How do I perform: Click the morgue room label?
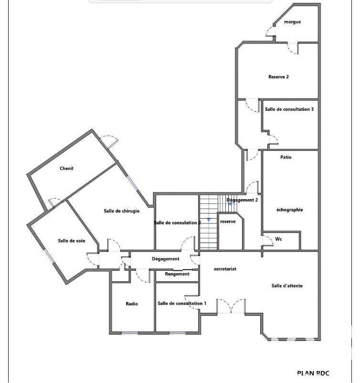coord(292,22)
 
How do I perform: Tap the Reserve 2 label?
coord(278,77)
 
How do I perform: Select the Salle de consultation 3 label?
coord(289,109)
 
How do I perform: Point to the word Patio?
coord(286,157)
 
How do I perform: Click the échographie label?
coord(290,210)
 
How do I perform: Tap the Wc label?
coord(278,239)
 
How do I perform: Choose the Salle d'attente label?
coord(287,286)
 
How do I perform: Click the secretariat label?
coord(225,269)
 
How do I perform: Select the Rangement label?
coord(177,274)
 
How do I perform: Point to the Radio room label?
coord(132,304)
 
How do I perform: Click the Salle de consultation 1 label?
coord(182,303)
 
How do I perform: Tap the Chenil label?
coord(66,168)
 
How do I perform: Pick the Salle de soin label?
coord(72,241)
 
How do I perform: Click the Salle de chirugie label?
coord(122,211)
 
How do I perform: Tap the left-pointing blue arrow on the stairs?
coord(230,203)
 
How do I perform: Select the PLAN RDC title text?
coord(313,373)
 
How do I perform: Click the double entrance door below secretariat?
coord(231,306)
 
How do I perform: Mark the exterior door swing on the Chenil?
coord(109,142)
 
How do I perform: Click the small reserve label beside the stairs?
coord(228,222)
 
